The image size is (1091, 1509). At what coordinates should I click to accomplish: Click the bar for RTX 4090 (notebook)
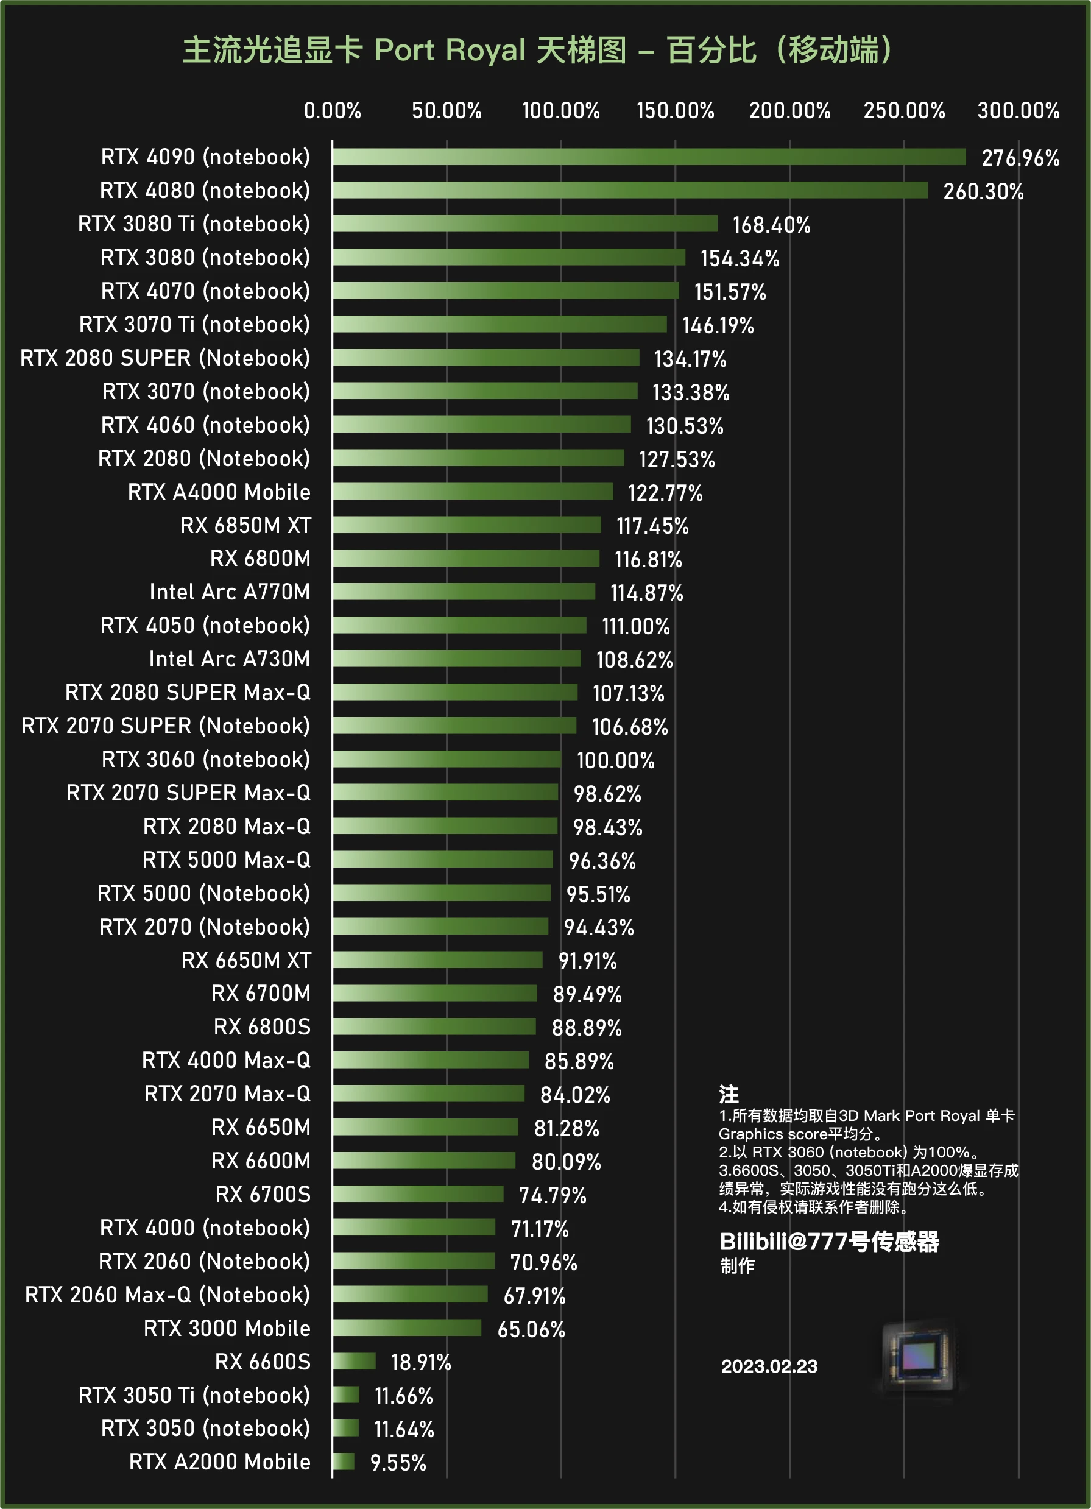[649, 157]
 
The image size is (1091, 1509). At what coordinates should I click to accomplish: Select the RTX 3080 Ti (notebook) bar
[525, 224]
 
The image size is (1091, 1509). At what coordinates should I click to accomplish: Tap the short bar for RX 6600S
[354, 1362]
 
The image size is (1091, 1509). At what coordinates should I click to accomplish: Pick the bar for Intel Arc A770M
[464, 592]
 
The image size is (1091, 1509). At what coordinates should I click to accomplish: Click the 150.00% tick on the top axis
[675, 110]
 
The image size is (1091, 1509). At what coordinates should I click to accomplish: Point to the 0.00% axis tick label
[333, 110]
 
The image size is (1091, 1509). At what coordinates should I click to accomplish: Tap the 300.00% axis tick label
[1019, 110]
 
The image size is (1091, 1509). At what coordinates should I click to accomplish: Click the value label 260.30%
[983, 192]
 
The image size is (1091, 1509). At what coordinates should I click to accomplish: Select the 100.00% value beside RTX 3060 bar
[615, 760]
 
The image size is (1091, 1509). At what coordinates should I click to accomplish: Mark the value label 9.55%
[398, 1463]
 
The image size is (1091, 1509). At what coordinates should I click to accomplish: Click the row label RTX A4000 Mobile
[219, 492]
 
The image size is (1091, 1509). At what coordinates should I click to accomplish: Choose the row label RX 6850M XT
[245, 526]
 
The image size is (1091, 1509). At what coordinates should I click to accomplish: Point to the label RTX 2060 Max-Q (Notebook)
[168, 1295]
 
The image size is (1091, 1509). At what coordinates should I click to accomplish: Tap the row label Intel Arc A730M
[230, 659]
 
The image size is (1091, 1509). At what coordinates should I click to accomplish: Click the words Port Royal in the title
[450, 51]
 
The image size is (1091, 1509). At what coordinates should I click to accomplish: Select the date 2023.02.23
[769, 1366]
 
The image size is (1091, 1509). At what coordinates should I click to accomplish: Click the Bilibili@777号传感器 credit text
[829, 1242]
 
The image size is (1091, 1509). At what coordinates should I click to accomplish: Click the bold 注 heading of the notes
[729, 1095]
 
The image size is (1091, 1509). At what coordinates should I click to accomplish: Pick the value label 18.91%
[420, 1363]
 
